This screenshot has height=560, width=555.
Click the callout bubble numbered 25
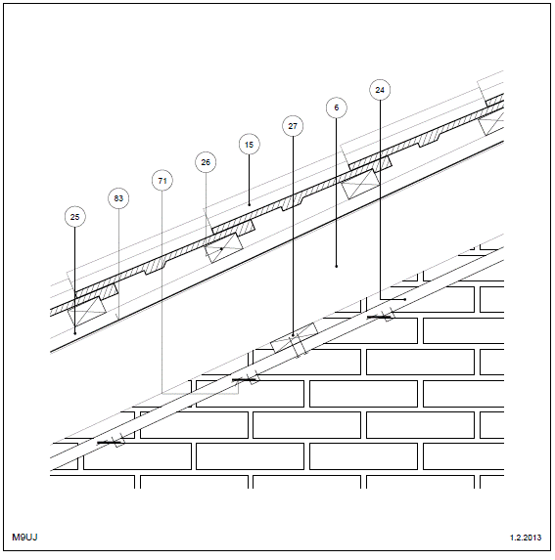[x=74, y=217]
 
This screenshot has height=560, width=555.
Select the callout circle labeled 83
[x=118, y=198]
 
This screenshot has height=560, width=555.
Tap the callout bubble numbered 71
[x=162, y=181]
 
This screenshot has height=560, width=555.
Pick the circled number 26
[x=206, y=162]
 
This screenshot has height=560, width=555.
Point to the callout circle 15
[x=250, y=145]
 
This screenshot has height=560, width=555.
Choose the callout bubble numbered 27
[x=293, y=126]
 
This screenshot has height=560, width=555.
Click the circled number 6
[x=337, y=108]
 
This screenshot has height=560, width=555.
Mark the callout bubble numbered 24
[x=380, y=90]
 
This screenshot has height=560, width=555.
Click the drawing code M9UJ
[x=24, y=538]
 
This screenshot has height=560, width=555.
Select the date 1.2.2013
[x=526, y=538]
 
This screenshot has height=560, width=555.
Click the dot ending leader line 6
[x=337, y=266]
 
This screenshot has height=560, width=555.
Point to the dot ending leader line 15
[x=250, y=204]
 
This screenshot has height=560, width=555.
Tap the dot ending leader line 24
[x=405, y=299]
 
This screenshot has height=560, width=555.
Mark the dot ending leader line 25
[x=74, y=333]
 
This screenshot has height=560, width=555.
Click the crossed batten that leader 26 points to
[x=224, y=248]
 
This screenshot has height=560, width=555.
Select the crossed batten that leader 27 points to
[x=294, y=337]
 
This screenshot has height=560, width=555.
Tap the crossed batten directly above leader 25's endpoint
[x=87, y=312]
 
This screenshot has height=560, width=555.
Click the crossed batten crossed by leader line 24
[x=360, y=184]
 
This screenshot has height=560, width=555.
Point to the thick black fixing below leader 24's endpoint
[x=379, y=318]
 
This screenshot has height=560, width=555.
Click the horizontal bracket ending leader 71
[x=201, y=394]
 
